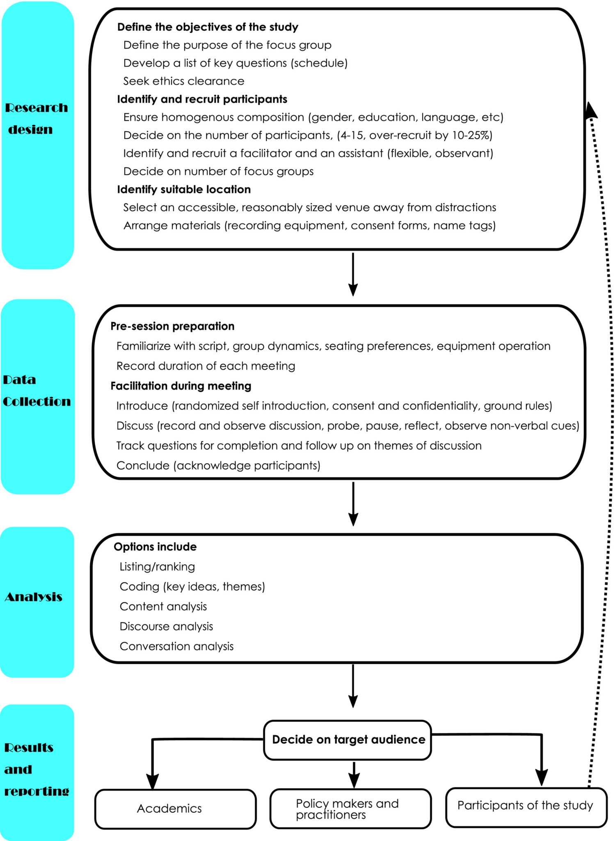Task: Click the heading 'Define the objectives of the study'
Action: (x=208, y=27)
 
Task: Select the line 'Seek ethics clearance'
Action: (x=183, y=81)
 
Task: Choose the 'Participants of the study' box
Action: (x=526, y=805)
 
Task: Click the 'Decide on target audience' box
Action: (x=348, y=740)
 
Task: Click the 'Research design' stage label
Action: (x=37, y=118)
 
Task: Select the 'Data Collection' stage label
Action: (x=37, y=391)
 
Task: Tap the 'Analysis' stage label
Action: (x=34, y=597)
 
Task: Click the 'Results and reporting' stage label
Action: (x=37, y=769)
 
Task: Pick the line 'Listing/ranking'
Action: (x=157, y=567)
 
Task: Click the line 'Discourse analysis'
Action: (x=166, y=626)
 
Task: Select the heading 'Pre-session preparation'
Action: (x=172, y=326)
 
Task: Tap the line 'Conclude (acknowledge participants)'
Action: (x=218, y=465)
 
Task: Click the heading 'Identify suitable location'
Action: (x=184, y=189)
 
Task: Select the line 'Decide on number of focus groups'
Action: (x=218, y=171)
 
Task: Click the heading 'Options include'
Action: (x=155, y=547)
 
